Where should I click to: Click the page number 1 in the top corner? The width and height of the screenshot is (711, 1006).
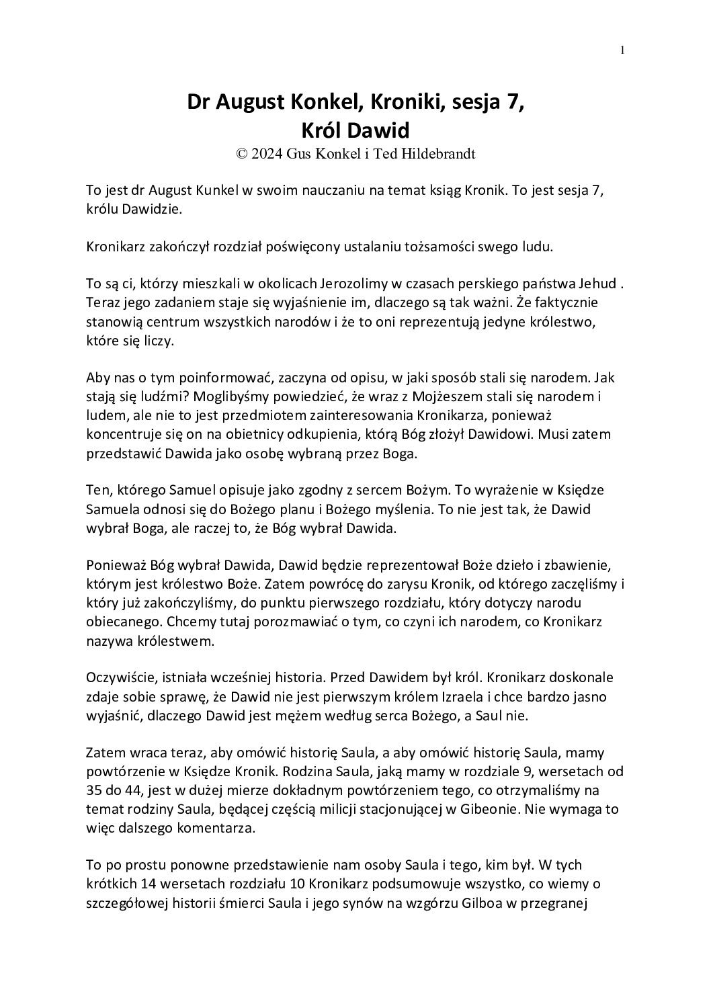tap(623, 49)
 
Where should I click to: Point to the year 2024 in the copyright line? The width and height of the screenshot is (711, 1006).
tap(267, 153)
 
